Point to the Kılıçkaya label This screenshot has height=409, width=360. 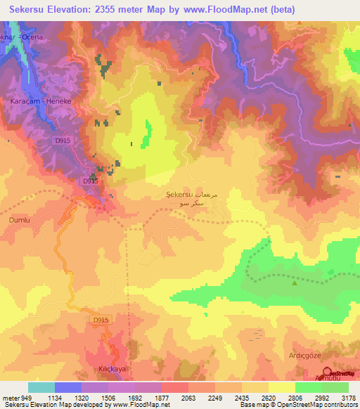111,368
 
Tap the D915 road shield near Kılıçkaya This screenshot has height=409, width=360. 101,320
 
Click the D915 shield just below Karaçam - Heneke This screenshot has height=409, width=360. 63,141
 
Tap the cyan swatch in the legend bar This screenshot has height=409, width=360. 41,387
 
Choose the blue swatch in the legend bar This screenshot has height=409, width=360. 67,387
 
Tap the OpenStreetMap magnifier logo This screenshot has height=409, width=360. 327,372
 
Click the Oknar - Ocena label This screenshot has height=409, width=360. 22,36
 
